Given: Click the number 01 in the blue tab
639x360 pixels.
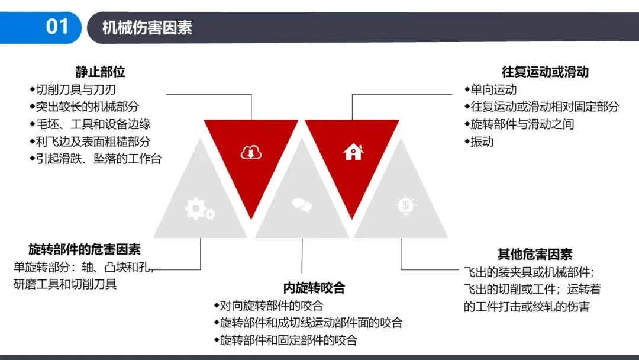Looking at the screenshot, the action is point(57,27).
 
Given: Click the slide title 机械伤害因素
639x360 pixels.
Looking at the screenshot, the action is point(147,28).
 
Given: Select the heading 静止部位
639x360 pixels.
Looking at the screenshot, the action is point(100,72).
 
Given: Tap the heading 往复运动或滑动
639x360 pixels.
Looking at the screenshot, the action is point(545,72).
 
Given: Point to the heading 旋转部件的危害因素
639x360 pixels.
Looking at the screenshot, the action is point(85,249).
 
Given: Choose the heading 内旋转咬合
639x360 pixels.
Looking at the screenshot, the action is point(314,288).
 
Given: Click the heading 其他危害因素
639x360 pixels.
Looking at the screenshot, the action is point(535,255).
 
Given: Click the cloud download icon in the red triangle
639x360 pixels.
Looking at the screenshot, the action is point(251,153).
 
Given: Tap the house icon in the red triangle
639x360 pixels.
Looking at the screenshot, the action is point(353,152).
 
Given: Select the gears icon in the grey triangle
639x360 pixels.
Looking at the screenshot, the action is point(199,208).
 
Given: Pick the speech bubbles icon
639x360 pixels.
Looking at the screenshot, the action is point(302,205).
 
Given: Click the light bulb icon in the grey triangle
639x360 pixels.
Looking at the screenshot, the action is point(406,205).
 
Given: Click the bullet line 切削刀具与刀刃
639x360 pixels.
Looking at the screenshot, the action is point(75,90).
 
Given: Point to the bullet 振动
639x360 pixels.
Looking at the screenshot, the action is point(482,142).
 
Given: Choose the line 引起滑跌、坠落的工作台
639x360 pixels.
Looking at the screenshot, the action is point(98,159).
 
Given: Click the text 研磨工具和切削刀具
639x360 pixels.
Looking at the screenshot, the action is point(65,284).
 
